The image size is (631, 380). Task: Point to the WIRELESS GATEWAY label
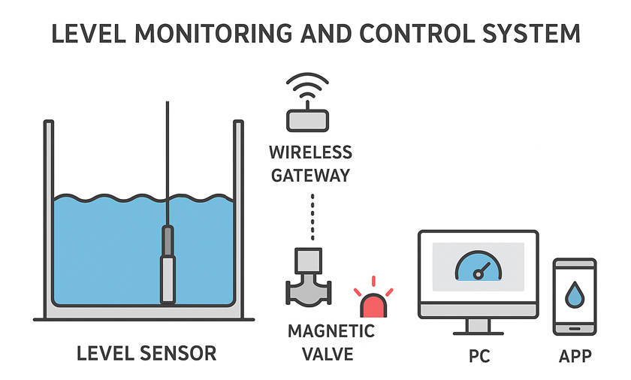[x=310, y=164]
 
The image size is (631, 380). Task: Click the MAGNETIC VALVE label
[x=310, y=341]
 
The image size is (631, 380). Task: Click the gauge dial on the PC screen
[x=477, y=267]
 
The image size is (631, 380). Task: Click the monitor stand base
[x=479, y=331]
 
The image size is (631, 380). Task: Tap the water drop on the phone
[x=575, y=294]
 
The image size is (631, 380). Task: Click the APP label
[x=575, y=356]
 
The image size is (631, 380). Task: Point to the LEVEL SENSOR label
[x=146, y=353]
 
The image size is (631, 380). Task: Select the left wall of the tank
[x=49, y=218]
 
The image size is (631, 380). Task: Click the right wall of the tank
[x=239, y=218]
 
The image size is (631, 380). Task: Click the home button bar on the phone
[x=575, y=327]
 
